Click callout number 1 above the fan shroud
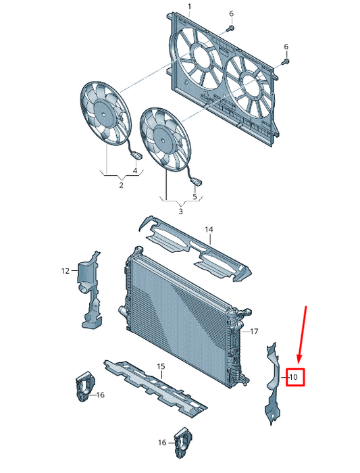tap(189, 6)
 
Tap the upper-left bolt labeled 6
tap(230, 28)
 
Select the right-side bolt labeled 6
tap(285, 62)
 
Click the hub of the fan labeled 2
tap(103, 114)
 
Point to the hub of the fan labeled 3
tap(163, 141)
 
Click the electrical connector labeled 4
tap(137, 156)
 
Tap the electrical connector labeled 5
tap(197, 182)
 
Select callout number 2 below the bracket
tap(121, 185)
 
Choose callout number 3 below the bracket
tap(180, 211)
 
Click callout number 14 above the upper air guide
tap(209, 230)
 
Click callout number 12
tap(66, 271)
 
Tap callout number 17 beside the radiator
tap(254, 331)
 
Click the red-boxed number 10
tap(293, 377)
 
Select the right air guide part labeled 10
tap(273, 382)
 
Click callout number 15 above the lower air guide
tap(161, 366)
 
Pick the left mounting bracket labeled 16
tap(85, 387)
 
